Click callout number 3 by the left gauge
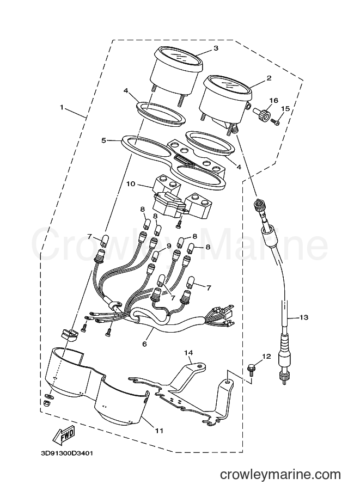(x=216, y=48)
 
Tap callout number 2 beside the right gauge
(x=269, y=78)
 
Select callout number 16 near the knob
(x=273, y=101)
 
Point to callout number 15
(x=285, y=109)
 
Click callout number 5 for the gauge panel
(x=103, y=140)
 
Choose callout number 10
(x=131, y=183)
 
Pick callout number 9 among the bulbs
(x=168, y=246)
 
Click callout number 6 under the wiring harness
(x=144, y=343)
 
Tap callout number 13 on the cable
(x=303, y=317)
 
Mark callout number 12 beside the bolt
(x=267, y=357)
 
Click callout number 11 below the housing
(x=158, y=430)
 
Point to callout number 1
(x=62, y=107)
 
